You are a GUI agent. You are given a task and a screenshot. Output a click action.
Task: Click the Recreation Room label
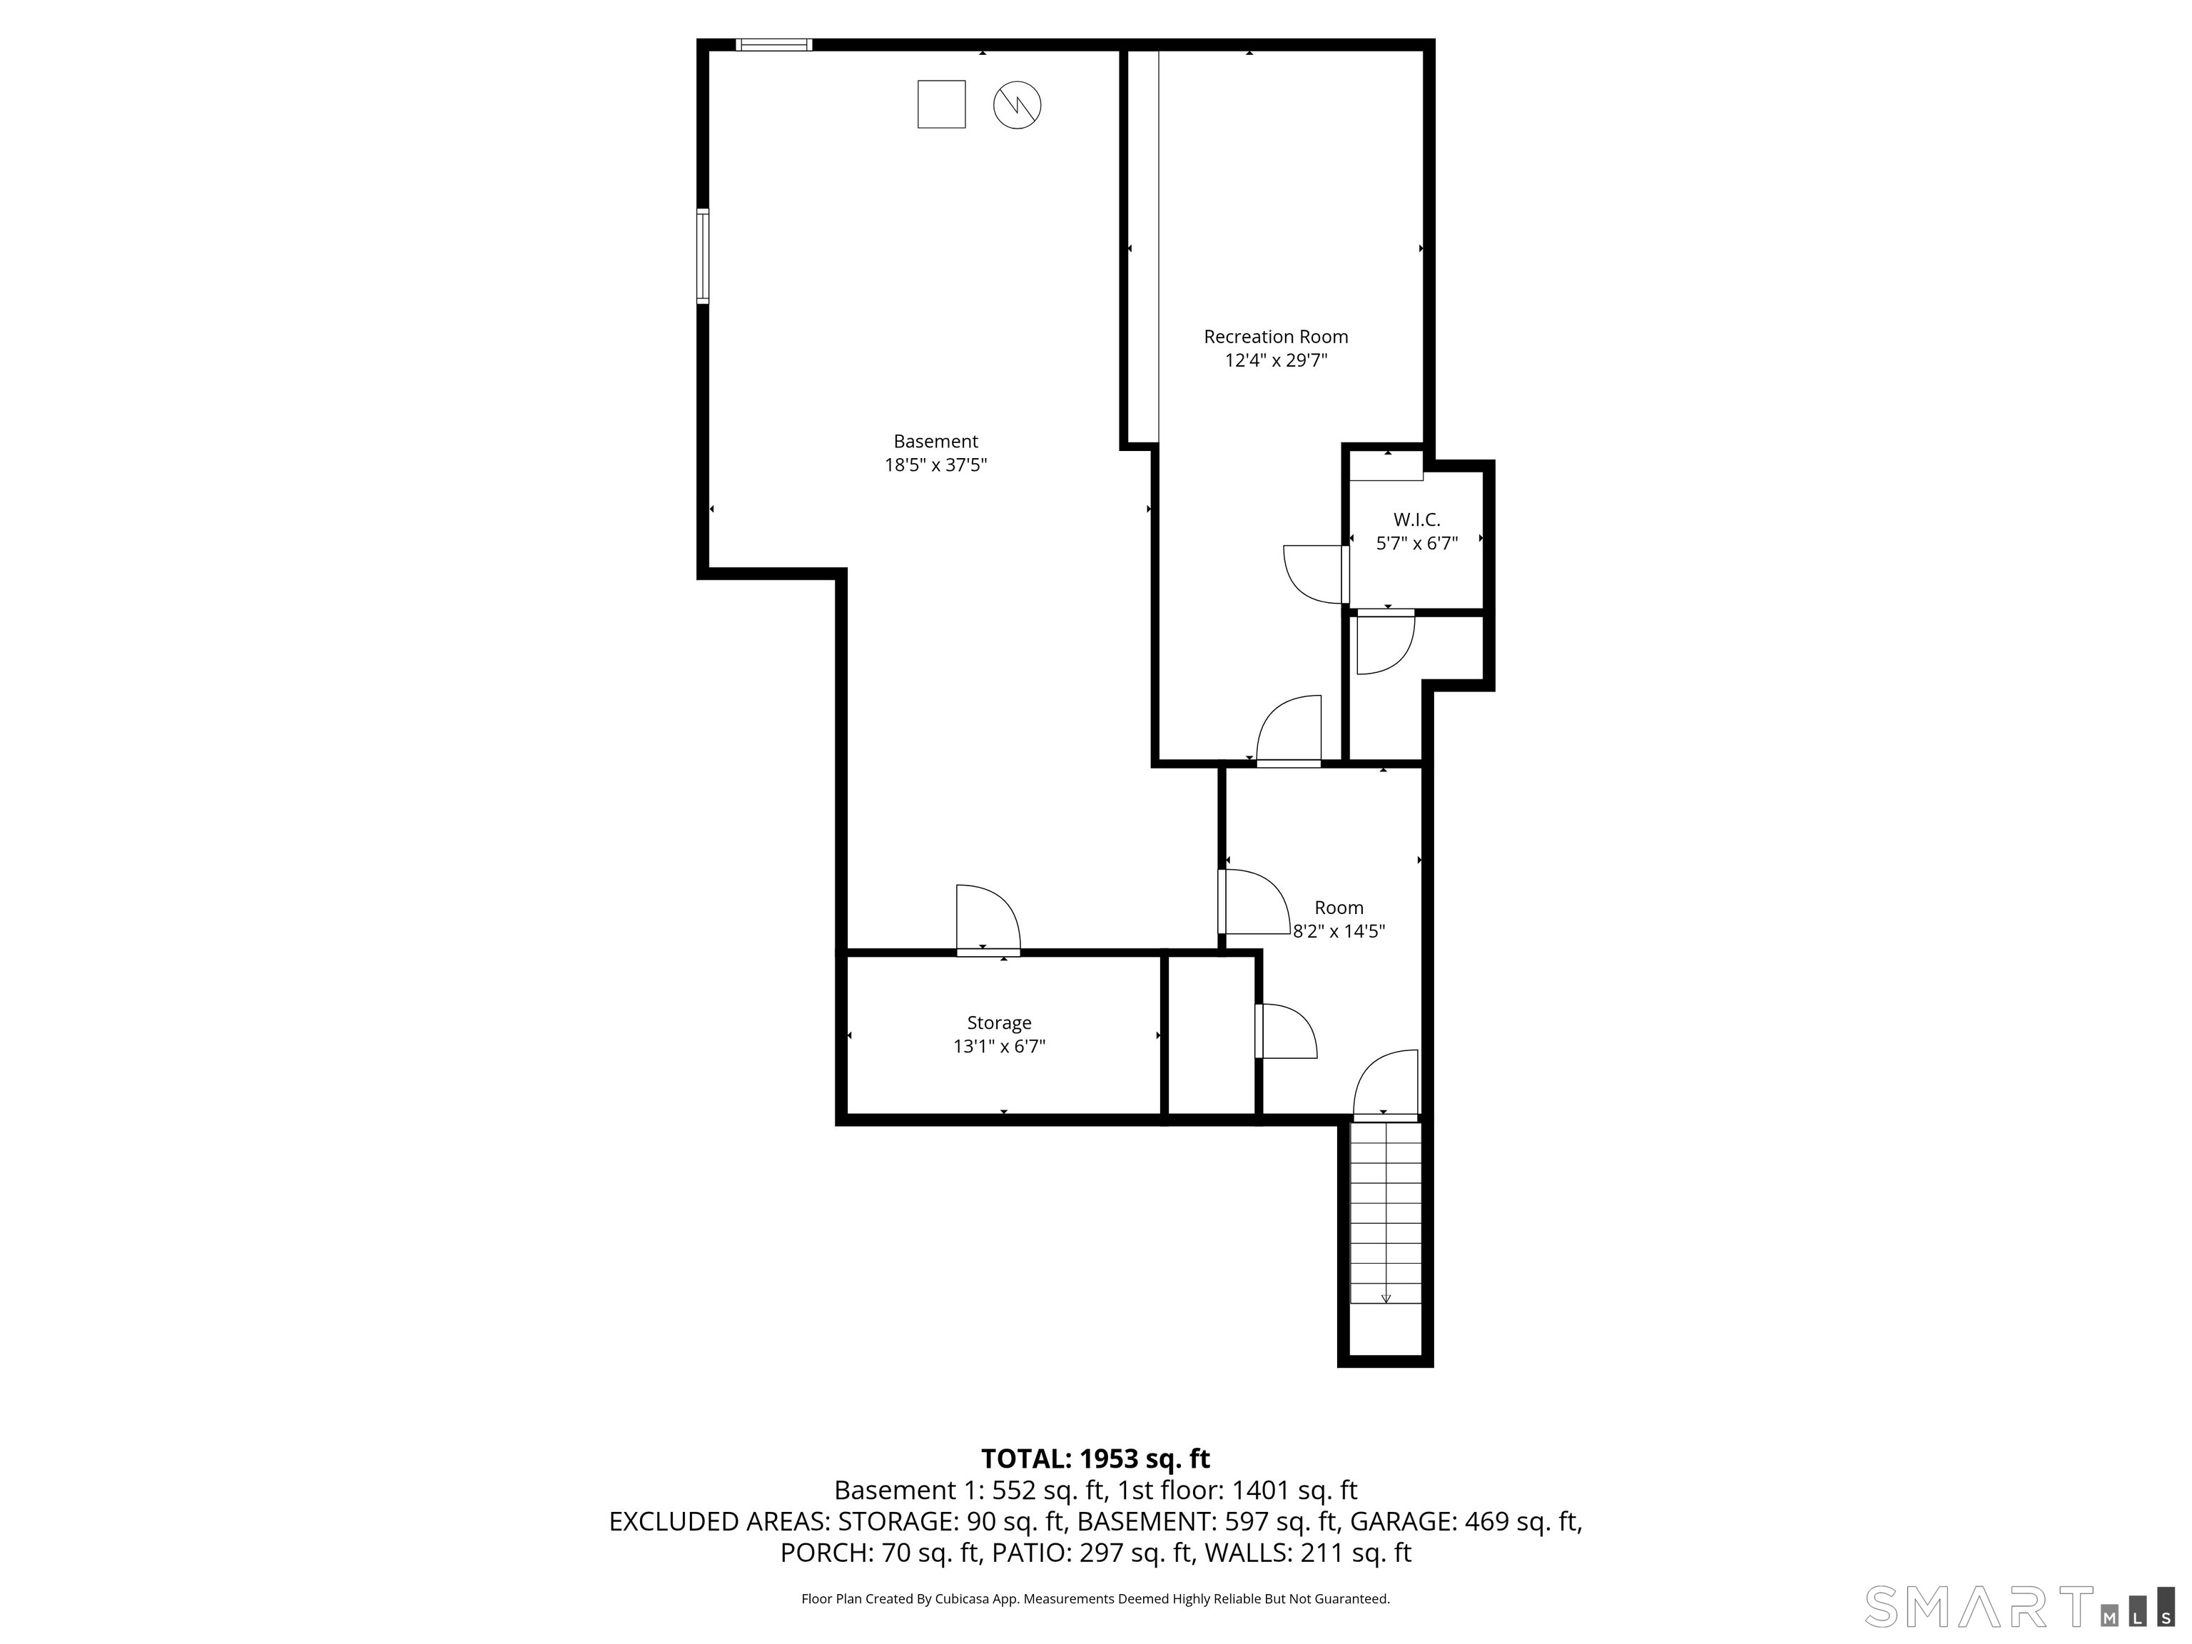pyautogui.click(x=1275, y=337)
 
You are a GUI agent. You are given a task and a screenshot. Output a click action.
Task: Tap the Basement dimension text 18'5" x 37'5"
pyautogui.click(x=935, y=465)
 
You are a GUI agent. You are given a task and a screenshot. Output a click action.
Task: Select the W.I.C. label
pyautogui.click(x=1416, y=519)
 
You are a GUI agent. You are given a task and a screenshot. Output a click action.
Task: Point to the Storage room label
pyautogui.click(x=999, y=1023)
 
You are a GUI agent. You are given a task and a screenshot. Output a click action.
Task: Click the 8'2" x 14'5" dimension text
pyautogui.click(x=1339, y=931)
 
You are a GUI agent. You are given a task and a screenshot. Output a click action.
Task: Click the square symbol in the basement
pyautogui.click(x=941, y=104)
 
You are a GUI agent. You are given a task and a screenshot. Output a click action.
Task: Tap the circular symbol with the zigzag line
pyautogui.click(x=1017, y=105)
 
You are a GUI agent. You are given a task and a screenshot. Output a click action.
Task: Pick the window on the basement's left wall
pyautogui.click(x=703, y=257)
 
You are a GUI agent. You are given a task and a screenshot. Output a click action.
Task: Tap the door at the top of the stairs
pyautogui.click(x=1386, y=1085)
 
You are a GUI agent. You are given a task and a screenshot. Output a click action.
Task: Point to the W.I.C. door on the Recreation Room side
pyautogui.click(x=1316, y=574)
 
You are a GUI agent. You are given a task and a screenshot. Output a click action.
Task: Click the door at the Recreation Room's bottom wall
pyautogui.click(x=1289, y=731)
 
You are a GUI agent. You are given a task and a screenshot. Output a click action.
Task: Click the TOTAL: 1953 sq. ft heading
pyautogui.click(x=1095, y=1458)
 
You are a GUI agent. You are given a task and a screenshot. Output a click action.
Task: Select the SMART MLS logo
pyautogui.click(x=2021, y=1606)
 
